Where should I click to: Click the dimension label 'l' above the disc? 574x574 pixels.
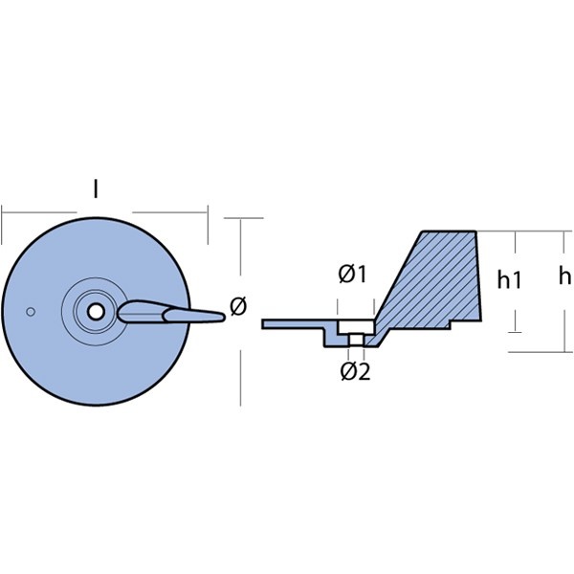click(96, 189)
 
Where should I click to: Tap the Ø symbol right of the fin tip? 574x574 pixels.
click(238, 306)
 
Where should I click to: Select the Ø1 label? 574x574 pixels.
click(352, 275)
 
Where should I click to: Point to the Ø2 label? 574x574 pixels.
click(355, 371)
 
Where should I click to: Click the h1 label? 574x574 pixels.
click(509, 280)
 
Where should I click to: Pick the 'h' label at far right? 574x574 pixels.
click(564, 276)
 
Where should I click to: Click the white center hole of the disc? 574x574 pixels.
click(96, 312)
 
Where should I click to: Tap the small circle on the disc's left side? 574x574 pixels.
click(31, 312)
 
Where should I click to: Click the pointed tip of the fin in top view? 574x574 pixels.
click(223, 317)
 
